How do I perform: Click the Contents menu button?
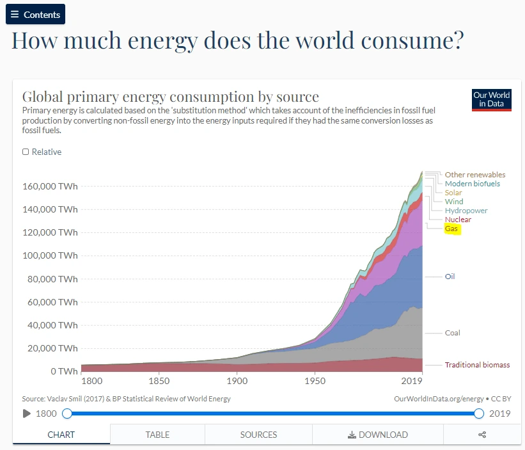35,14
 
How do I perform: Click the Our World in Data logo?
491,99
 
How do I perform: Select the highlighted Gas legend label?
453,229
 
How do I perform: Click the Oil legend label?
450,277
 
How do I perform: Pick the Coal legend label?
452,333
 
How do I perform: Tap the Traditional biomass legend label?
477,365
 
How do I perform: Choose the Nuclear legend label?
458,220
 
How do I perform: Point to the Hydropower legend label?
466,211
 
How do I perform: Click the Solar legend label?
453,193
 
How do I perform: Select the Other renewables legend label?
475,175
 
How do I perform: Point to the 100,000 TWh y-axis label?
50,255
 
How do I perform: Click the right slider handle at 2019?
479,414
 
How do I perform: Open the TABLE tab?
157,435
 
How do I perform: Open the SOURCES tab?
258,435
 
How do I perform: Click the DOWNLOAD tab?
377,435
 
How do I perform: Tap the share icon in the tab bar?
482,435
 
